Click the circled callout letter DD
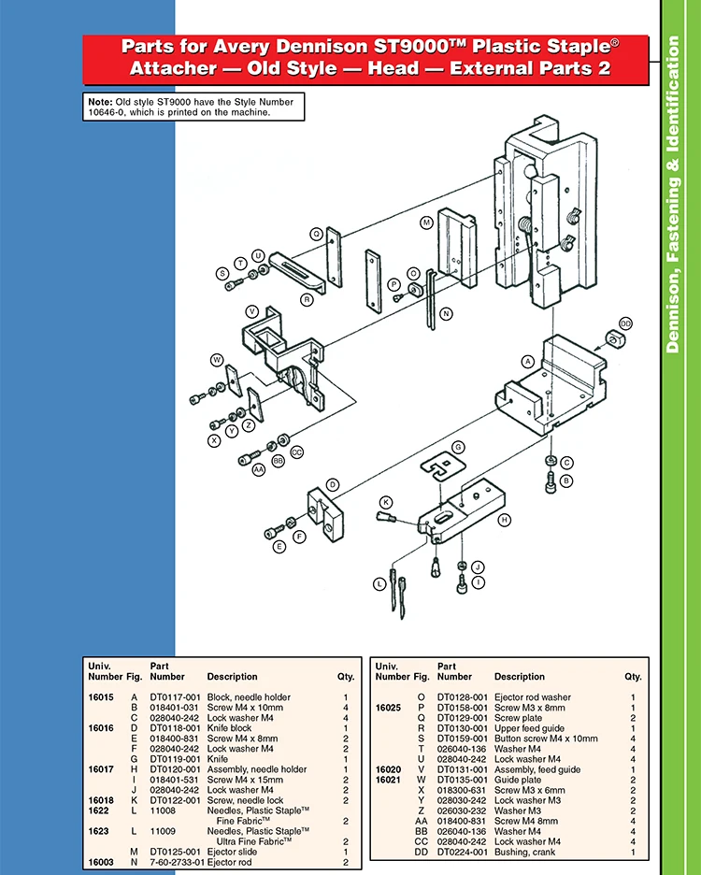click(x=625, y=323)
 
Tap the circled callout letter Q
click(x=316, y=234)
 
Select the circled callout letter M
click(x=425, y=222)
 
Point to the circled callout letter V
click(x=251, y=310)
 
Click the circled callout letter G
click(x=458, y=447)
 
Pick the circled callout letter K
click(x=385, y=502)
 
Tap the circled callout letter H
click(x=504, y=519)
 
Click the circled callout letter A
click(x=527, y=361)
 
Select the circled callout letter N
click(x=446, y=314)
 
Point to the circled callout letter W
click(x=216, y=359)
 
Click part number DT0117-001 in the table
click(x=175, y=697)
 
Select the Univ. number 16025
click(x=388, y=708)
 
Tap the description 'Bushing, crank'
click(x=522, y=852)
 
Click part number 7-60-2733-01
click(x=177, y=862)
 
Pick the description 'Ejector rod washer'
click(x=532, y=697)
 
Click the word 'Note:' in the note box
click(x=99, y=101)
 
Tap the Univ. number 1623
click(x=98, y=831)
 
